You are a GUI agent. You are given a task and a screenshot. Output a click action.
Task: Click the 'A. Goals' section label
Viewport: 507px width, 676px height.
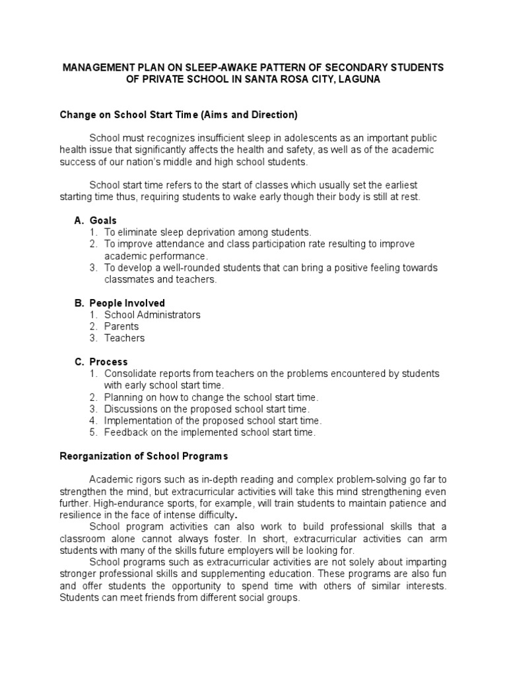click(x=95, y=220)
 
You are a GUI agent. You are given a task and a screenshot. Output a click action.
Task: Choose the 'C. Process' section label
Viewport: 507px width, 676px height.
click(x=100, y=362)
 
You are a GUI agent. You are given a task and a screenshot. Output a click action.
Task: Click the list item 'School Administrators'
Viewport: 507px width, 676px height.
click(x=152, y=315)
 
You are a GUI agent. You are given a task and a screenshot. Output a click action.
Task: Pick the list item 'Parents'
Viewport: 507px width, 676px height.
click(x=121, y=326)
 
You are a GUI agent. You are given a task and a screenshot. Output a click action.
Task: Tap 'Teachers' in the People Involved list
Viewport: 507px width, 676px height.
click(x=124, y=338)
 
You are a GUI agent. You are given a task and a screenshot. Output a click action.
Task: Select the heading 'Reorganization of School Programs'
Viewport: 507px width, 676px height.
click(x=143, y=456)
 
